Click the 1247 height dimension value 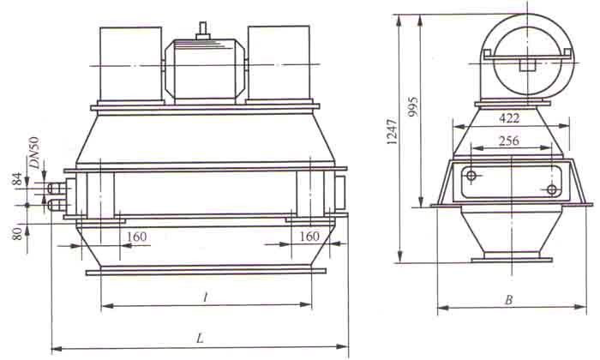pos(392,131)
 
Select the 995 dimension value pos(413,107)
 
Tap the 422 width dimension pos(509,118)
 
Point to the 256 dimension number pos(509,141)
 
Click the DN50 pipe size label pos(35,153)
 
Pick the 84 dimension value pos(18,179)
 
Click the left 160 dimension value pos(136,237)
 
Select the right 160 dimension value pos(309,236)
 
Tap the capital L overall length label pos(200,339)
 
